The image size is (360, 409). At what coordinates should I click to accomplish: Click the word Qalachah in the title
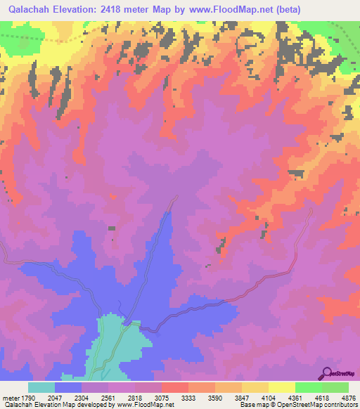pos(29,9)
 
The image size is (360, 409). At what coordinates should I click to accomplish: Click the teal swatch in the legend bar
pos(41,387)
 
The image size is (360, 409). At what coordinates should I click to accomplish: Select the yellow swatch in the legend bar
pos(281,387)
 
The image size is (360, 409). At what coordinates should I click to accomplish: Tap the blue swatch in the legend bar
pos(68,387)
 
